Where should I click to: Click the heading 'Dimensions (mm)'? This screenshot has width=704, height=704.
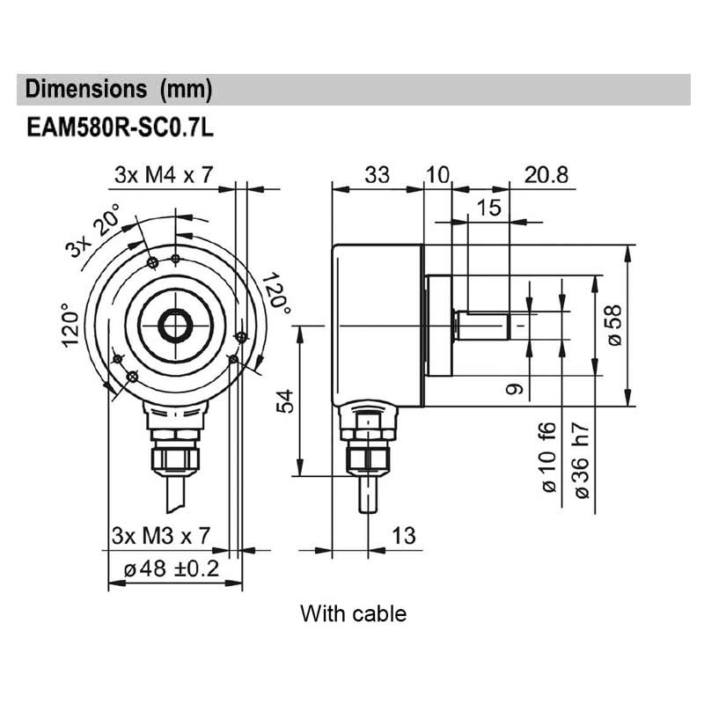click(x=119, y=90)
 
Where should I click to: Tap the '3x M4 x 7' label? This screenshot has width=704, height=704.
click(x=163, y=175)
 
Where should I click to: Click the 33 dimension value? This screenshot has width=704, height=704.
click(x=377, y=175)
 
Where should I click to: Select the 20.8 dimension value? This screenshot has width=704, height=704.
click(x=546, y=175)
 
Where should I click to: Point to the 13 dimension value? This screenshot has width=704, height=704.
click(x=402, y=535)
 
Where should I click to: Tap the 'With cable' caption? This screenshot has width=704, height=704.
click(x=353, y=612)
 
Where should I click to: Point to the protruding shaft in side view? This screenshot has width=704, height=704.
click(x=484, y=326)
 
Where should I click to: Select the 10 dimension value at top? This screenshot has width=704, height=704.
click(x=437, y=175)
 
